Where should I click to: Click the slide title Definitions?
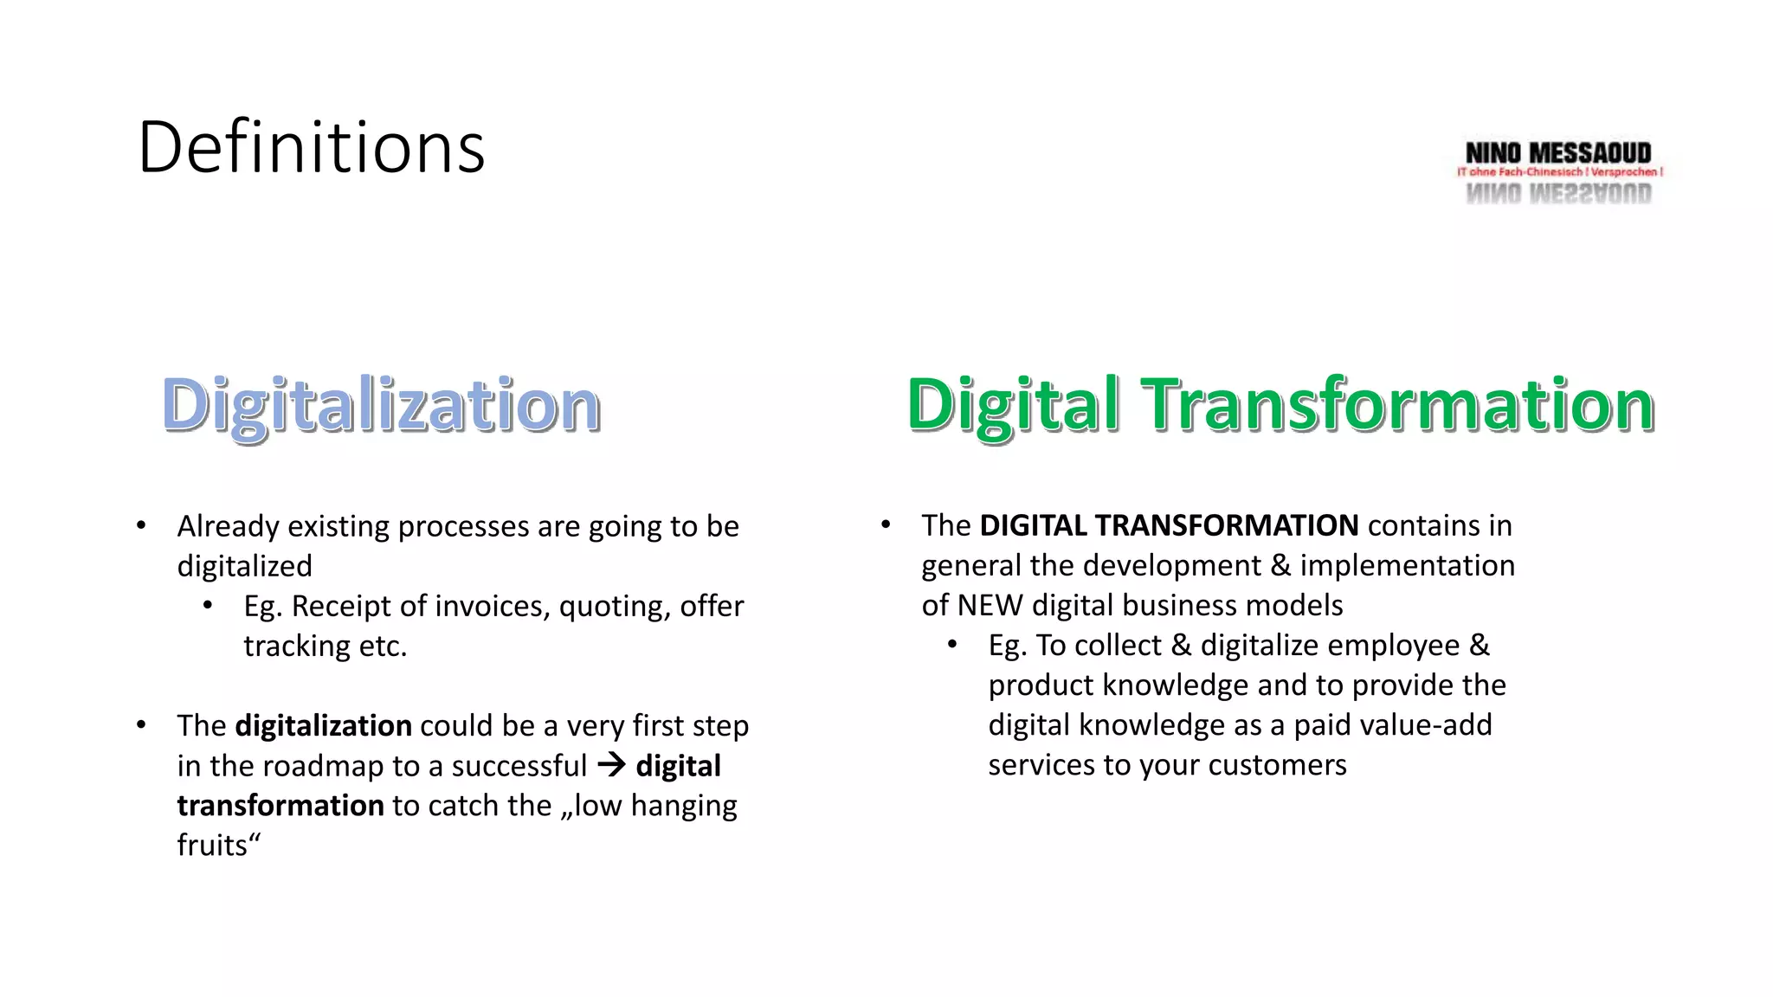coord(311,147)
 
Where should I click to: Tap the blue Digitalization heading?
coord(381,405)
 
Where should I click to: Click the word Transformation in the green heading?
coord(1397,405)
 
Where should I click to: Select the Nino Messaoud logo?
coord(1558,171)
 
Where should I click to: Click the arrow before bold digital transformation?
coord(611,765)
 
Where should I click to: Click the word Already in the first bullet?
coord(228,526)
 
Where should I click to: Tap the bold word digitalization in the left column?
coord(323,725)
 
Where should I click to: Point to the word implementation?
coord(1407,565)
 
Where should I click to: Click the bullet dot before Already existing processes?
coord(141,525)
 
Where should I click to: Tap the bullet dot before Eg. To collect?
coord(952,645)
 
